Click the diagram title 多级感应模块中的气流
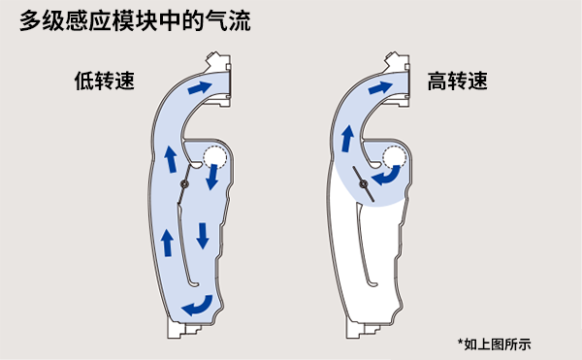click(135, 20)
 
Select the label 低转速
click(105, 81)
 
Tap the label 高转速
click(457, 81)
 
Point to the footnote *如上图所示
click(494, 344)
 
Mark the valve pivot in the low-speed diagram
click(184, 184)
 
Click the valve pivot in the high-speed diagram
click(364, 183)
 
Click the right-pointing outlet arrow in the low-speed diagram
click(200, 87)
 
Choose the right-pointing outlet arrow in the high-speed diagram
click(380, 87)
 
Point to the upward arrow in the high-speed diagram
click(347, 138)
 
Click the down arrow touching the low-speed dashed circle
click(211, 177)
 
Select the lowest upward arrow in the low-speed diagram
click(168, 243)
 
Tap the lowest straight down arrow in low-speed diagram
click(203, 236)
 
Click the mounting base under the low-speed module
click(183, 329)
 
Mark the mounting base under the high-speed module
click(363, 329)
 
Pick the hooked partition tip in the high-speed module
click(373, 284)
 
